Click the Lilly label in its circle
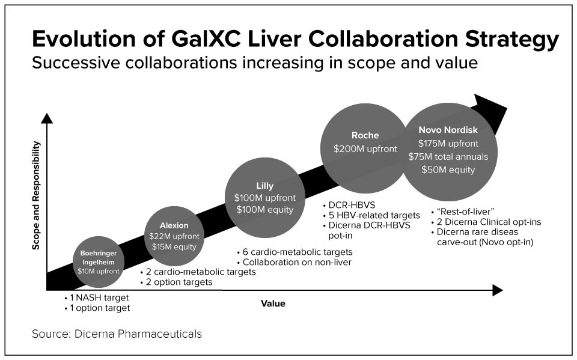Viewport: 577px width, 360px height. point(264,186)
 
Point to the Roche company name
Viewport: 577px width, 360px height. point(365,136)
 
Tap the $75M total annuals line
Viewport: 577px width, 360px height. point(448,157)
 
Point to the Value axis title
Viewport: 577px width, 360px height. point(273,304)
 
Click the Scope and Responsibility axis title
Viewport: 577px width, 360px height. point(37,196)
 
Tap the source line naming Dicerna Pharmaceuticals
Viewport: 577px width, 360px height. point(117,334)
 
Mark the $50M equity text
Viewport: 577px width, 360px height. point(448,170)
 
